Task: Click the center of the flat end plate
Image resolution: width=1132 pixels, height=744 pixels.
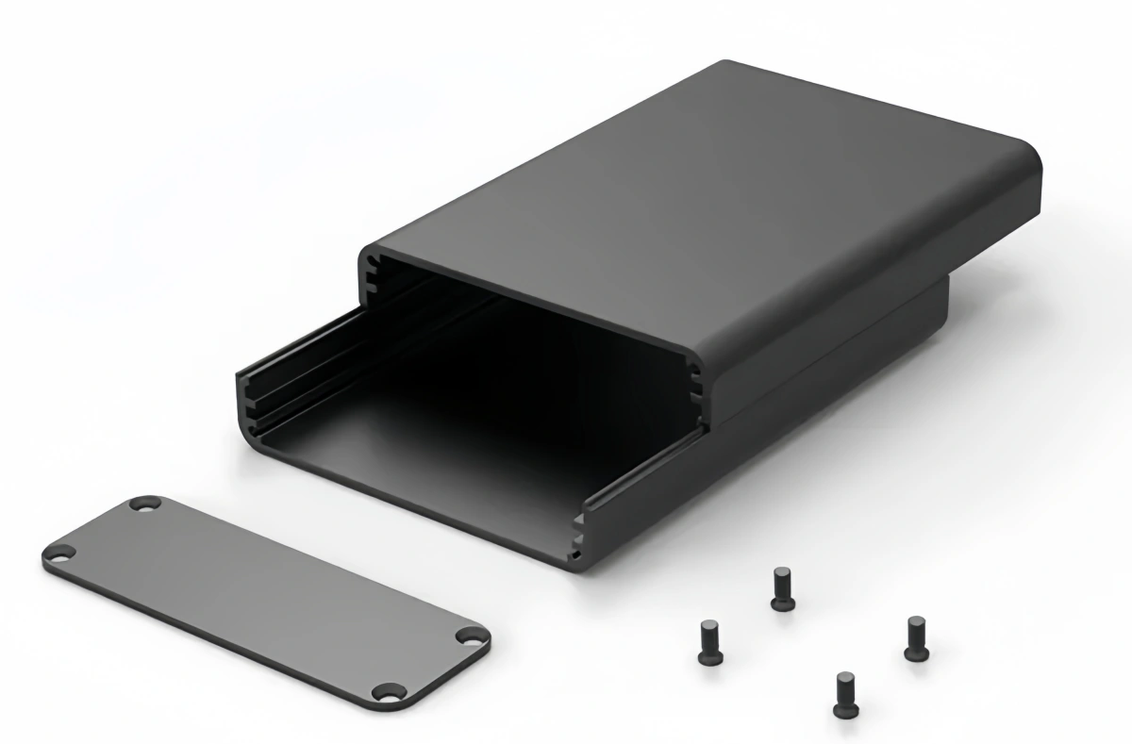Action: coord(266,599)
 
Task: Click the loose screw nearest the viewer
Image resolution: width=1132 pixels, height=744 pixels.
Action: coord(843,693)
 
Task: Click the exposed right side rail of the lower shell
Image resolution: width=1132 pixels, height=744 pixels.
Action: coord(641,481)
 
